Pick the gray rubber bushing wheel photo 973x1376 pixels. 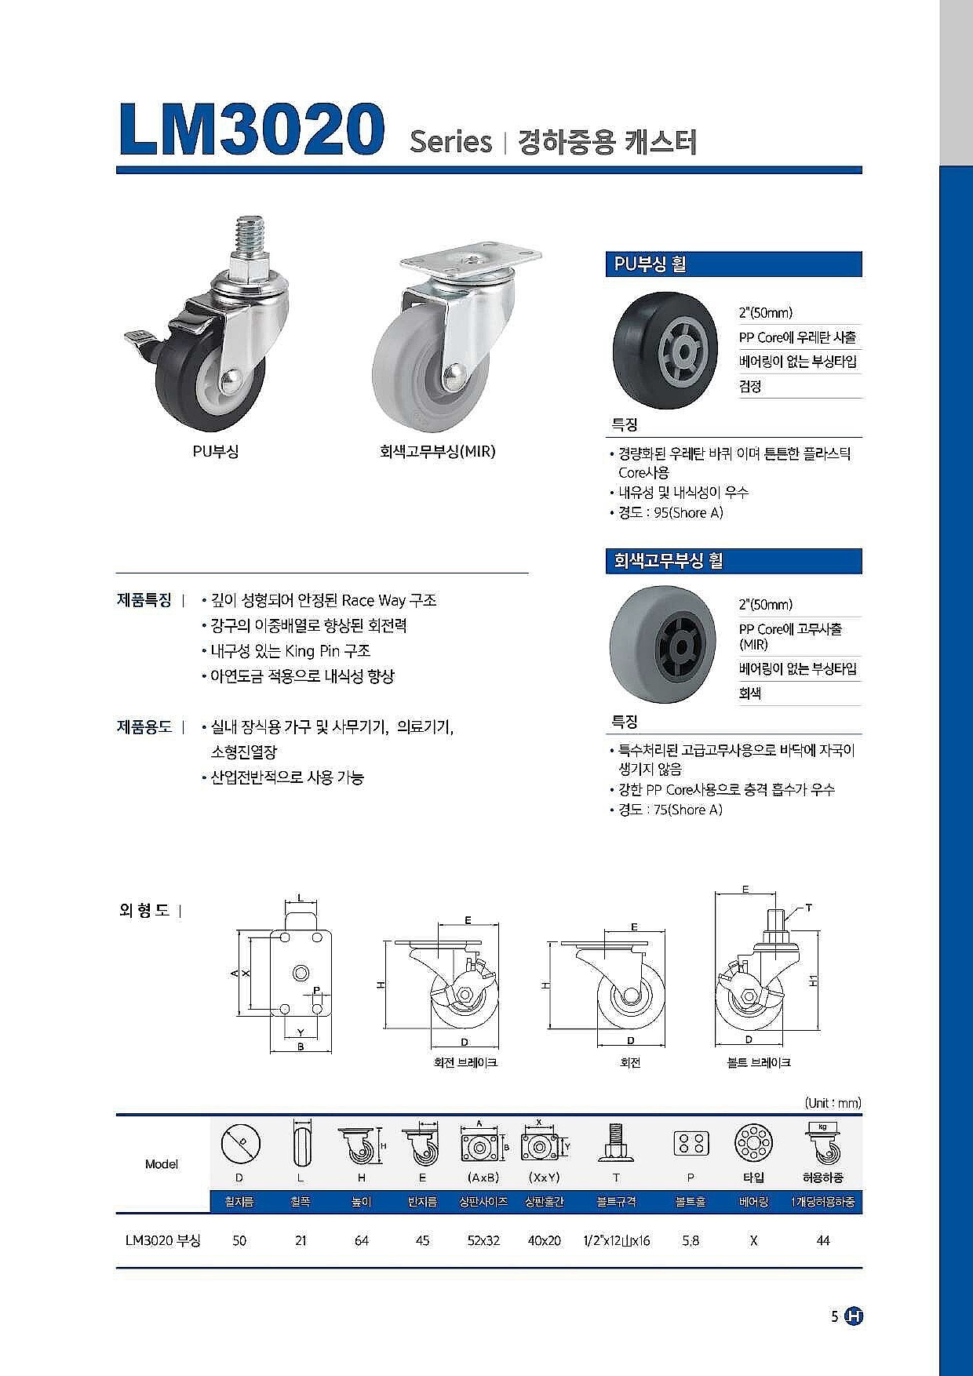pos(665,645)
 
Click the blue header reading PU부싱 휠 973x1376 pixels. pos(734,264)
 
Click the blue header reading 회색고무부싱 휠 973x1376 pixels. pos(734,561)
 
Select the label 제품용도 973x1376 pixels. pos(144,726)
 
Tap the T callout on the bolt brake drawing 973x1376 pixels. pos(808,908)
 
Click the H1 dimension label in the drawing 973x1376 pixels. pos(814,981)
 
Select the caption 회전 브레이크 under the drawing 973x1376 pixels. pos(465,1062)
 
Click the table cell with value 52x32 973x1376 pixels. pos(483,1240)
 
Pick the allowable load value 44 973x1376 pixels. pos(822,1240)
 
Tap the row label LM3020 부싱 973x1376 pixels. pos(162,1240)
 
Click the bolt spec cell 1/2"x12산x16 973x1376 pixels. pos(616,1240)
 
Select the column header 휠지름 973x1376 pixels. pos(239,1201)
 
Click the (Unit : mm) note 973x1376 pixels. pos(833,1102)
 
